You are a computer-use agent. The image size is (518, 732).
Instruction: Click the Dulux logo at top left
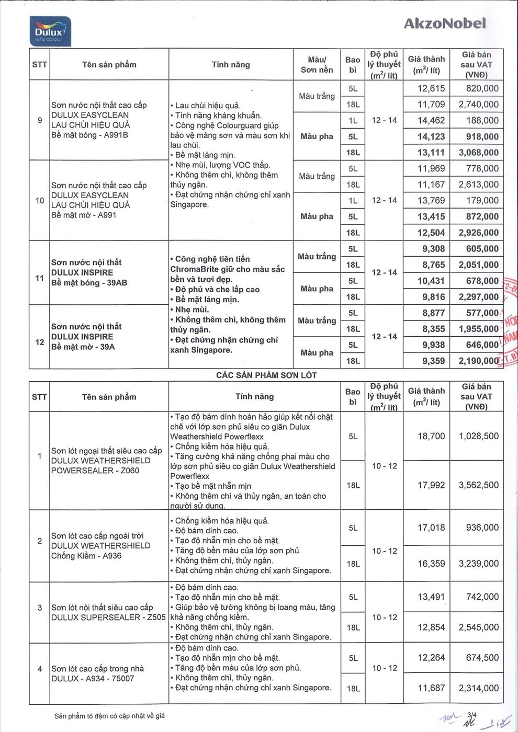pyautogui.click(x=49, y=32)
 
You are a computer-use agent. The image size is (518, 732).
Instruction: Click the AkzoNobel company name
pyautogui.click(x=445, y=23)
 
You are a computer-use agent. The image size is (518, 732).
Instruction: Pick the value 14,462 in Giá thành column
pyautogui.click(x=431, y=120)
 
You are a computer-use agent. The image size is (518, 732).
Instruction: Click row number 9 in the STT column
pyautogui.click(x=40, y=120)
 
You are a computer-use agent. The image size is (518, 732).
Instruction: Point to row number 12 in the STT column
pyautogui.click(x=40, y=342)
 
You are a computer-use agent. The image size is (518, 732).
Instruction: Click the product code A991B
pyautogui.click(x=116, y=135)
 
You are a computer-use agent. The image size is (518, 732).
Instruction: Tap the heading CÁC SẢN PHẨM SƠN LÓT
pyautogui.click(x=266, y=375)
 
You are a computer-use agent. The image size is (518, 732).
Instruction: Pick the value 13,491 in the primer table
pyautogui.click(x=431, y=597)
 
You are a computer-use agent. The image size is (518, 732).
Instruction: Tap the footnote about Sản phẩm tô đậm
pyautogui.click(x=109, y=716)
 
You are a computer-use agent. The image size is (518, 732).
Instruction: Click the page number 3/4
pyautogui.click(x=472, y=713)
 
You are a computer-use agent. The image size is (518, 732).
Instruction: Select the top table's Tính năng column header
pyautogui.click(x=231, y=65)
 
